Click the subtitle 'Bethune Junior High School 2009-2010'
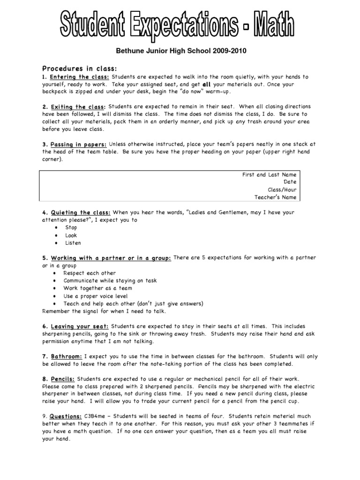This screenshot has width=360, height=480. pos(180,51)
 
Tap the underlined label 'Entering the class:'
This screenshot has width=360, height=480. pos(80,77)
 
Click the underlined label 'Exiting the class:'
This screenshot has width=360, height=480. pos(78,107)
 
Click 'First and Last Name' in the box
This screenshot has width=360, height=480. pos(269,175)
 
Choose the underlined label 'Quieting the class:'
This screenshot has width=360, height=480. pos(81,213)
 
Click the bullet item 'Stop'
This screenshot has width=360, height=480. pos(71,228)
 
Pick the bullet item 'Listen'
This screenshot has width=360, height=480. pos(73,243)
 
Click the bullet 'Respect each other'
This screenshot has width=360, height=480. pos(90,273)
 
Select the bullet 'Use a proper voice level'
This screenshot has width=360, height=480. pos(96,296)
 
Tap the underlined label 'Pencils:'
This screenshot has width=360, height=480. pos(63,379)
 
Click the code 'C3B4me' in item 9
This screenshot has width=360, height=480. pos(96,417)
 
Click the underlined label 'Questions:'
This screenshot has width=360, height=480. pos(66,417)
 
